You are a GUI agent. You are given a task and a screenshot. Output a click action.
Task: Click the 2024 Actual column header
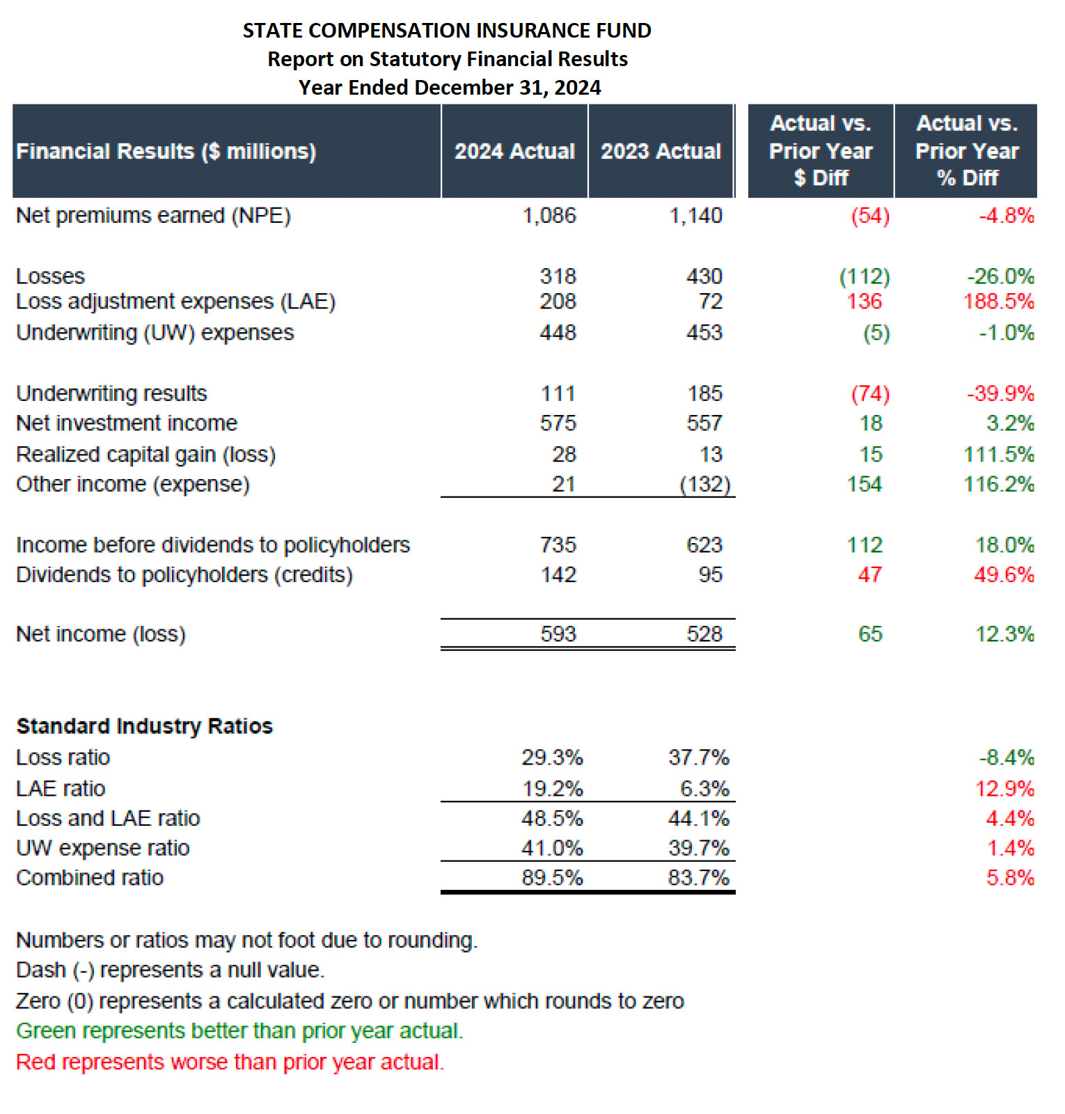514,151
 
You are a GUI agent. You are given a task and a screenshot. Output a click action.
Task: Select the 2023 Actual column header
661,151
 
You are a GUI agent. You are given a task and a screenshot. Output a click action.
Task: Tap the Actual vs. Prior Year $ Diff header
821,151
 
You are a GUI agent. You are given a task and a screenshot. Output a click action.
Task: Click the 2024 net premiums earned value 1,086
549,216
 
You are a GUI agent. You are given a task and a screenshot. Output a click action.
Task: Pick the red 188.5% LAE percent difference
998,301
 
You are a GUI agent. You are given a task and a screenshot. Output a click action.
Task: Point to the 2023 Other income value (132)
704,484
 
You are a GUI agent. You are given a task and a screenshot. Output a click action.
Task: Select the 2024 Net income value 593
558,634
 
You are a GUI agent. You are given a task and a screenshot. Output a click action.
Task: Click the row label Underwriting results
111,393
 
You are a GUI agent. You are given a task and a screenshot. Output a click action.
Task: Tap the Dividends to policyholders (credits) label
184,574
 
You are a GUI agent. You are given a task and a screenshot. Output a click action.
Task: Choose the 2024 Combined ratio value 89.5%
552,877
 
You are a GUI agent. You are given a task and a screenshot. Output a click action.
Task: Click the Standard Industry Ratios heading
144,726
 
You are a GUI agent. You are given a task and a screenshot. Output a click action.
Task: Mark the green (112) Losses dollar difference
864,276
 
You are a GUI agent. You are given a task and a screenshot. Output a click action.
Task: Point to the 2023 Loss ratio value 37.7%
698,757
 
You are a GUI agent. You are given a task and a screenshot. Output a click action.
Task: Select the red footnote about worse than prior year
230,1062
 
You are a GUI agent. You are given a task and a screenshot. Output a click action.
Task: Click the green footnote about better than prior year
239,1030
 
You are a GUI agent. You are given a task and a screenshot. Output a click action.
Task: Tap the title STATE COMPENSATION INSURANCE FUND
447,31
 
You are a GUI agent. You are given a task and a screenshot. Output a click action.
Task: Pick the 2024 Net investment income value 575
558,423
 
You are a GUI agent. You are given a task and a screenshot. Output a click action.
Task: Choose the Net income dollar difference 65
870,634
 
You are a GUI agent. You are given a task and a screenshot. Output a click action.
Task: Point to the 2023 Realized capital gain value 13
711,454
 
